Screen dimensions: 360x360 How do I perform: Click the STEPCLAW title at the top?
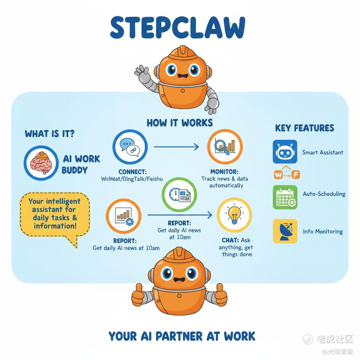click(x=178, y=27)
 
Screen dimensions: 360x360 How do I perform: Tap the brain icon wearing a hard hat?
click(x=41, y=163)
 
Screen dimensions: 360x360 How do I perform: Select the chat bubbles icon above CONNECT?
click(x=130, y=147)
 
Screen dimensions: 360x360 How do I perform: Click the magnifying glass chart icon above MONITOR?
click(x=225, y=147)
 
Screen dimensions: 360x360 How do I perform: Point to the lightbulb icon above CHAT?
click(x=234, y=215)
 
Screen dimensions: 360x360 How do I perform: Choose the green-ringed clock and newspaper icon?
click(x=179, y=195)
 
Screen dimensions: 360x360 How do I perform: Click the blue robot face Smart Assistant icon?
click(x=285, y=152)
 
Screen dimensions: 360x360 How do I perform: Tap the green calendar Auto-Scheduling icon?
click(x=285, y=197)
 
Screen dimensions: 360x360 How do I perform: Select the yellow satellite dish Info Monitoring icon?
click(x=285, y=231)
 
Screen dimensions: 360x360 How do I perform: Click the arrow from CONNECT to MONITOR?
click(x=176, y=147)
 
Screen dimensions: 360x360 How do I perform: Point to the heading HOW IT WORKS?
click(x=180, y=123)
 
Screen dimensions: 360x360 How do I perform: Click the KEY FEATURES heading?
click(x=305, y=128)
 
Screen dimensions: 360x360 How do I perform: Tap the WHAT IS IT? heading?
click(x=50, y=133)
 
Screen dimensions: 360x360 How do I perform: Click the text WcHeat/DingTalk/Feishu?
click(x=132, y=179)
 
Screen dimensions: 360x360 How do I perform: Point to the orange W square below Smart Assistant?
click(x=278, y=175)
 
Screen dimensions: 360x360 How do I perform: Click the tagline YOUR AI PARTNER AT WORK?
click(x=182, y=336)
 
